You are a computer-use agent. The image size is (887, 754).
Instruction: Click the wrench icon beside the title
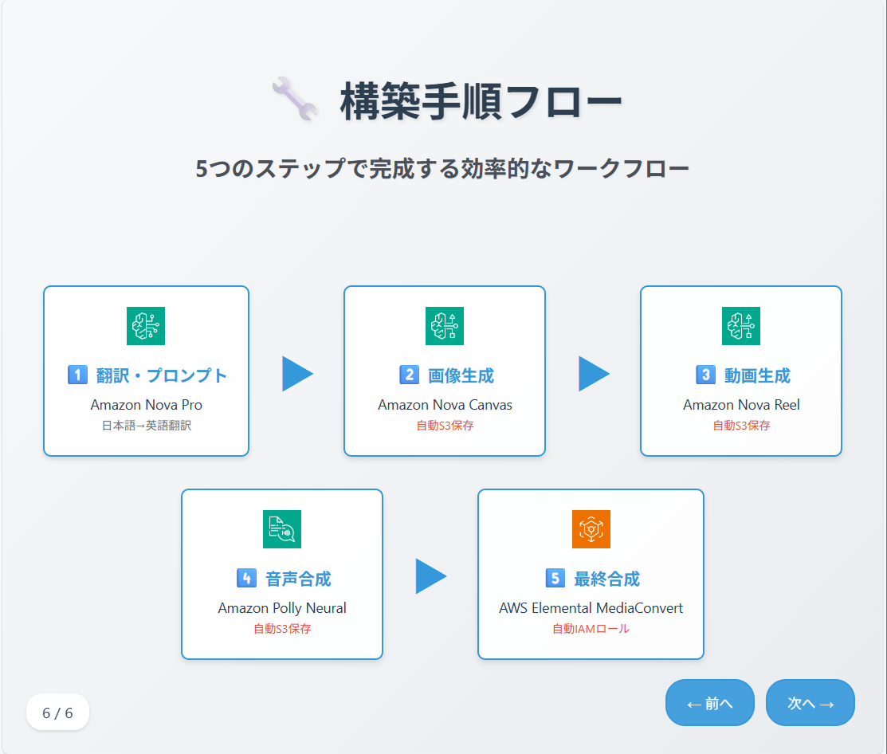[x=295, y=98]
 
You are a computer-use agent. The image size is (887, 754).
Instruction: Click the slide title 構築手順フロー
[x=481, y=101]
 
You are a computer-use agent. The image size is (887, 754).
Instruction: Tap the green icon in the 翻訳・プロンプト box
[x=146, y=326]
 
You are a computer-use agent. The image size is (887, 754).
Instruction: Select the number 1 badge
[x=77, y=375]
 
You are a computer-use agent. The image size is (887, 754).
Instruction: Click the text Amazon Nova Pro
[x=147, y=405]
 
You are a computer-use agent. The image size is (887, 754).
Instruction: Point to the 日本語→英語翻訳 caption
[x=147, y=426]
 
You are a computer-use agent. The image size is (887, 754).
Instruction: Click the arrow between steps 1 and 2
[x=297, y=374]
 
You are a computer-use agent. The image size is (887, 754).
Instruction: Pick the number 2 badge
[x=409, y=375]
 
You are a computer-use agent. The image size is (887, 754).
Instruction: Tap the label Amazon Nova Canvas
[x=445, y=405]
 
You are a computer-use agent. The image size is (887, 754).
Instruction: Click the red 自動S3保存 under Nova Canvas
[x=445, y=426]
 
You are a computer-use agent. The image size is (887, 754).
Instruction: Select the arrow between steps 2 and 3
[x=594, y=374]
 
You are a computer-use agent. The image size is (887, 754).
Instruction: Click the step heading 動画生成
[x=757, y=375]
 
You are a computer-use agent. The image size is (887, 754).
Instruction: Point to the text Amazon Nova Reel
[x=742, y=405]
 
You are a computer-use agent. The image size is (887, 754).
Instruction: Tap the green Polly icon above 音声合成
[x=282, y=529]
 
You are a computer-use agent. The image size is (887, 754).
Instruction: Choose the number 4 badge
[x=246, y=578]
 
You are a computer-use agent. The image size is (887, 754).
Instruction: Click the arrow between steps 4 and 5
[x=431, y=576]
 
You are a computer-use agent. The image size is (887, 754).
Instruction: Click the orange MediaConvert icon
[x=591, y=529]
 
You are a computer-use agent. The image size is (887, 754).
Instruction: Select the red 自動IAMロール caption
[x=591, y=628]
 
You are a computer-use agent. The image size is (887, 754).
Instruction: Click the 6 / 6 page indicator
[x=57, y=713]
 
